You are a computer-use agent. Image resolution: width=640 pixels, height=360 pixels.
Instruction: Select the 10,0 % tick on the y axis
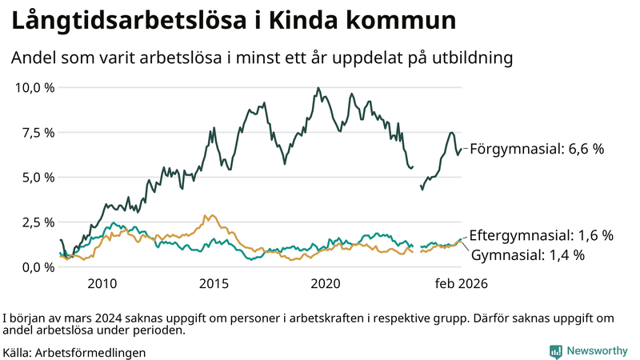pyautogui.click(x=34, y=87)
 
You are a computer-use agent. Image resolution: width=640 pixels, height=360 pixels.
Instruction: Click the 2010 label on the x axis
pyautogui.click(x=102, y=284)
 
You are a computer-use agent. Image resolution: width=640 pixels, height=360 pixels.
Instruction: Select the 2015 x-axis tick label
pyautogui.click(x=214, y=284)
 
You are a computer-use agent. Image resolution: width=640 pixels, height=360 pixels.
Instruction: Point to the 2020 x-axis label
pyautogui.click(x=326, y=284)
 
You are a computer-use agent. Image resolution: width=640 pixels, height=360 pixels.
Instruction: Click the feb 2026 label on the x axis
pyautogui.click(x=461, y=284)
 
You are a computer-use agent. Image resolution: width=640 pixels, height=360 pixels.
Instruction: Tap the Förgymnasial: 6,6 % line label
pyautogui.click(x=536, y=149)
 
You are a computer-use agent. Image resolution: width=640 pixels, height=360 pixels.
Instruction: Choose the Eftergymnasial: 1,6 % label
pyautogui.click(x=541, y=235)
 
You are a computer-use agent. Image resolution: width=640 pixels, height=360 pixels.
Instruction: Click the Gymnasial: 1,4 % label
pyautogui.click(x=527, y=255)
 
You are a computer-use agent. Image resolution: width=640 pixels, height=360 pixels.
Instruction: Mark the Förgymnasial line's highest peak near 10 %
pyautogui.click(x=318, y=88)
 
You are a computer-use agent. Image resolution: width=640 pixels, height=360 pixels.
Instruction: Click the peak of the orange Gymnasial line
pyautogui.click(x=207, y=215)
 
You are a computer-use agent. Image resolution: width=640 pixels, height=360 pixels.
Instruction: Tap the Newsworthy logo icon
pyautogui.click(x=555, y=351)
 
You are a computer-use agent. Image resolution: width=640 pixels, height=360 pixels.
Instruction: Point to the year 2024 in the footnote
pyautogui.click(x=106, y=318)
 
